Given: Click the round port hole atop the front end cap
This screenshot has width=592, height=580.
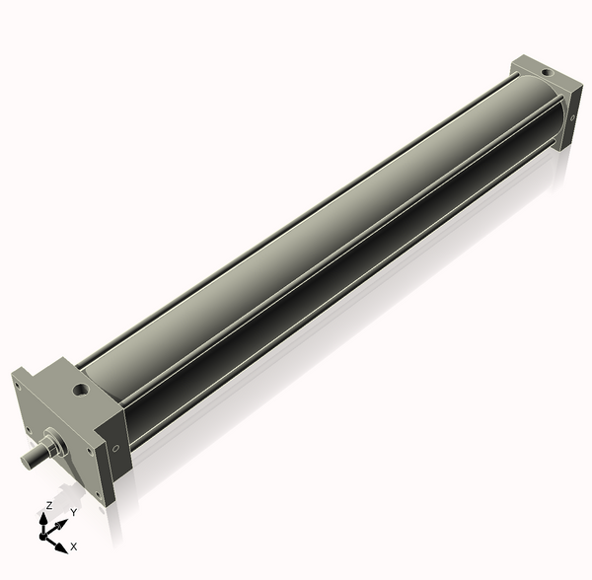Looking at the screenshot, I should point(80,390).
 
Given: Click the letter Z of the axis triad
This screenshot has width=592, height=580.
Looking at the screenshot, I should point(48,506).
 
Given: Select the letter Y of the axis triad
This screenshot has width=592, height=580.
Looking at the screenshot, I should point(74,513).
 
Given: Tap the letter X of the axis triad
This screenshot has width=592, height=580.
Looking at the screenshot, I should point(74,546).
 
